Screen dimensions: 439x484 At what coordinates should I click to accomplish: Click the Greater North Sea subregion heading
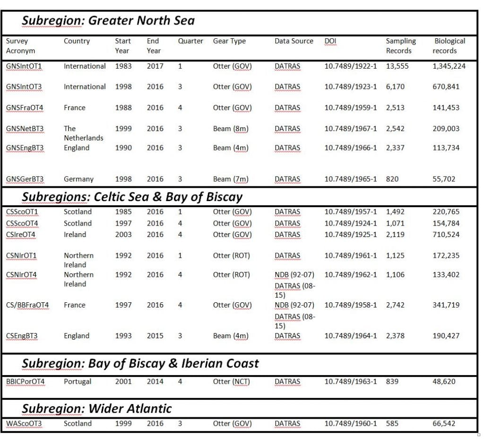coord(108,21)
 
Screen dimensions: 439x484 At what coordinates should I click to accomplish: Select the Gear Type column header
coord(229,41)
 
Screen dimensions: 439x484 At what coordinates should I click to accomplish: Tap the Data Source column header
coord(294,41)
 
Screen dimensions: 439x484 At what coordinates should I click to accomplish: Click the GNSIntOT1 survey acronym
coord(24,66)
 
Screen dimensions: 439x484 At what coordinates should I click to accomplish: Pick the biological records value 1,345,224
coord(449,66)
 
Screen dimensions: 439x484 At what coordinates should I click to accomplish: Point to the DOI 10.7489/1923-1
coord(350,87)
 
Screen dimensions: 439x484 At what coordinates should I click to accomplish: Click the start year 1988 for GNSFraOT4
coord(123,107)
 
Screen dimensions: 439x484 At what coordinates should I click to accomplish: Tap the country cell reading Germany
coord(78,179)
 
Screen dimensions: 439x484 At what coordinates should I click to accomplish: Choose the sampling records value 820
coord(392,179)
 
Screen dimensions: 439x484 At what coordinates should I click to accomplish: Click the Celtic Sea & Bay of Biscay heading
coord(132,197)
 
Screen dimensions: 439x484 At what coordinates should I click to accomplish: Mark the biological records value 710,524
coord(446,234)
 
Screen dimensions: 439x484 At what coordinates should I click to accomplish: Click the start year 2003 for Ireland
coord(123,234)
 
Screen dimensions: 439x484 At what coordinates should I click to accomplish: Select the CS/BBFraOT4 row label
coord(27,305)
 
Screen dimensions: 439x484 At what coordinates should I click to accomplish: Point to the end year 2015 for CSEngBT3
coord(155,336)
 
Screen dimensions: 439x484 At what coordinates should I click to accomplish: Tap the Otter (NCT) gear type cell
coord(231,381)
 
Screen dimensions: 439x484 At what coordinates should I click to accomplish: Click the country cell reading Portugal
coord(78,381)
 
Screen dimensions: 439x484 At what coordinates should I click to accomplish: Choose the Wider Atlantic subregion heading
coord(97,408)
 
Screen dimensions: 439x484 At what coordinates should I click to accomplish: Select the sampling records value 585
coord(392,423)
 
